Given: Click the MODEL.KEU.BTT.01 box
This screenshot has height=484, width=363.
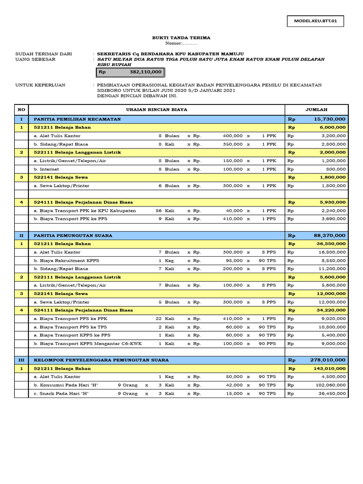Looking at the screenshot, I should point(315,21).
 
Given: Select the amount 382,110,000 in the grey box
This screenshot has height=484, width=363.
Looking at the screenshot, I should point(145,72).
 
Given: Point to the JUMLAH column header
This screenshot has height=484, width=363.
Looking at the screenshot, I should point(316,110).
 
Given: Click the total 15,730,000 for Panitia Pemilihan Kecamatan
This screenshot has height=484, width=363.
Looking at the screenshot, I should point(329,119).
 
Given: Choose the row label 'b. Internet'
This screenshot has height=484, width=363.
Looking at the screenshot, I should point(46,169).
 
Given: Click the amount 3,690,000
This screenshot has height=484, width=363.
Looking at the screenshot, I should point(333,219).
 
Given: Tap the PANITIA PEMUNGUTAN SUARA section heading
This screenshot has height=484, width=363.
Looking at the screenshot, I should point(73,235).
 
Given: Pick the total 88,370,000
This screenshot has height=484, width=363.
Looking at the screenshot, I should point(329,235).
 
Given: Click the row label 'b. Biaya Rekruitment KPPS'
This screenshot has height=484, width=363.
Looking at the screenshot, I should point(66,260).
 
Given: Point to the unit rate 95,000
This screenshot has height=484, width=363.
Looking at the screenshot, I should point(235,260).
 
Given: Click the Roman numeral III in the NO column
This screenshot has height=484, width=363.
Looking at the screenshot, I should point(21,360).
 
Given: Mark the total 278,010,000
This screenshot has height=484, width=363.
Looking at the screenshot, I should point(328,360).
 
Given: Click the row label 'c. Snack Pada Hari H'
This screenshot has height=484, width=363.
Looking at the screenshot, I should point(61,393).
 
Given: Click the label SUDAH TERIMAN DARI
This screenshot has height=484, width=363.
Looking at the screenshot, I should point(43,54).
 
